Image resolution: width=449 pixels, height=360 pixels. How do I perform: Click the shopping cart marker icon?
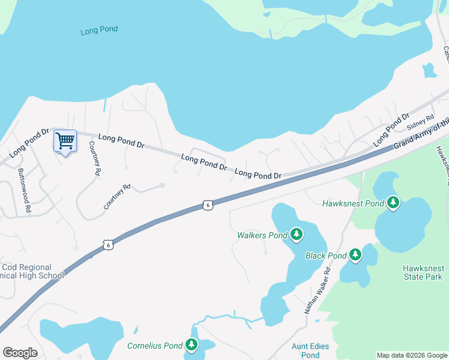65,142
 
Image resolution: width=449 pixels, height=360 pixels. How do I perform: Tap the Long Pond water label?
99,29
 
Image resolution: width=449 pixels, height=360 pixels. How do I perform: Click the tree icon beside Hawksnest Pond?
393,203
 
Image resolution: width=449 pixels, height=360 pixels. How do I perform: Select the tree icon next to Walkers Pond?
297,235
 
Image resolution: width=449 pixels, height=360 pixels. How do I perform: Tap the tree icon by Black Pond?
355,255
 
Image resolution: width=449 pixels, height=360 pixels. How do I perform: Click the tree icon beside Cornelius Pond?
191,345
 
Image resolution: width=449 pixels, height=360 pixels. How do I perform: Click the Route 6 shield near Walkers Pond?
207,205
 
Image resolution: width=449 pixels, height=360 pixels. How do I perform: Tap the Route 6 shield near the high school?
107,244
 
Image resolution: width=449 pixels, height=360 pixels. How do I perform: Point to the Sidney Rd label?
420,123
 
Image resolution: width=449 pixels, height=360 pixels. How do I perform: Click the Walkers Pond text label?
262,235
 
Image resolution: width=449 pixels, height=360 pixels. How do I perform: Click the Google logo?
20,353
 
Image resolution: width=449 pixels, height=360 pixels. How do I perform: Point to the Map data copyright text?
412,355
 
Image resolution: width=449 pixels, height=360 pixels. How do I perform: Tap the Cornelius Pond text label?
154,346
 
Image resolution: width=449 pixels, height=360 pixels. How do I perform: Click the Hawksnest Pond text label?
353,204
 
